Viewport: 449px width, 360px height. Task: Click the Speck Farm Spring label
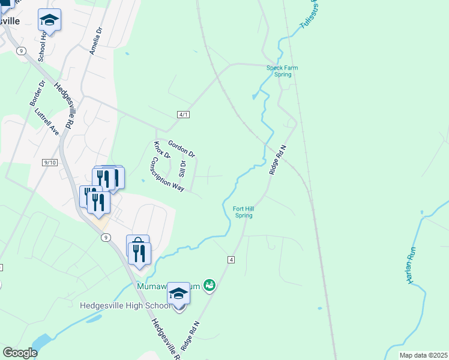[282, 71]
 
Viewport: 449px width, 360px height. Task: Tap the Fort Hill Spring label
[243, 212]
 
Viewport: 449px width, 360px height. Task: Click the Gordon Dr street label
[182, 149]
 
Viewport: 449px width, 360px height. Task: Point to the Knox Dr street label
[158, 150]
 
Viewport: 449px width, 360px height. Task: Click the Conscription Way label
[167, 174]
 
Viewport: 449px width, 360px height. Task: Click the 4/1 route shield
[184, 115]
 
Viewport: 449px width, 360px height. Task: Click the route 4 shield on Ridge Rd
[231, 259]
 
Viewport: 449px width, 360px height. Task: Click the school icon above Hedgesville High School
[178, 293]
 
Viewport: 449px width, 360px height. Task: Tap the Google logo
[20, 353]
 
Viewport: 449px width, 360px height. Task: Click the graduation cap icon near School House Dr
[49, 20]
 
